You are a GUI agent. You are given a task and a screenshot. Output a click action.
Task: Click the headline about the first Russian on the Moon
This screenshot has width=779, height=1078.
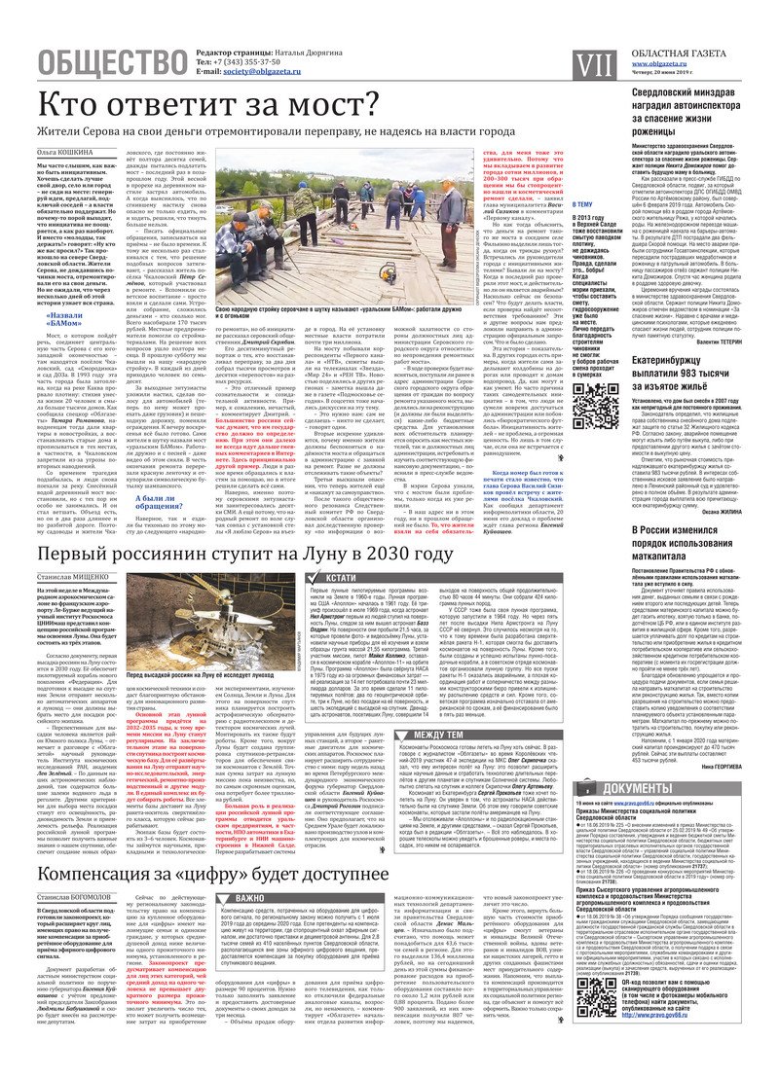[245, 555]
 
